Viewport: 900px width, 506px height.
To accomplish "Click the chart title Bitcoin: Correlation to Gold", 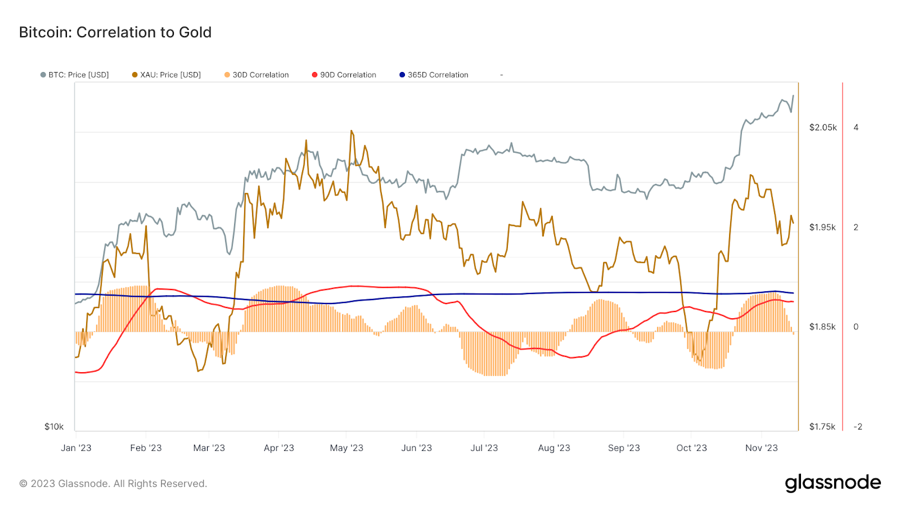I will coord(115,33).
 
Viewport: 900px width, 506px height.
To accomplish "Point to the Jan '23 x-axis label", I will coord(76,448).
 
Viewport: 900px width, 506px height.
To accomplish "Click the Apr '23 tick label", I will coord(279,448).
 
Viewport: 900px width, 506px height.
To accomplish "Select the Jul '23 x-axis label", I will coord(484,448).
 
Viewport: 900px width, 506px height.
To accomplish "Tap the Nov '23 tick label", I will coord(762,448).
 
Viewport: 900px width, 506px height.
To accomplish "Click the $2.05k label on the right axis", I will coord(823,128).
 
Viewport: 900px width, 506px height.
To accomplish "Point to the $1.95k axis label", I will coord(822,228).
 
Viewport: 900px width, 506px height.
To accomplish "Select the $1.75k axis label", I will coord(822,427).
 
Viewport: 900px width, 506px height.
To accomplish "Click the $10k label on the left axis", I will coord(54,427).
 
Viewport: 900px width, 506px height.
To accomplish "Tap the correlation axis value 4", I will coord(856,128).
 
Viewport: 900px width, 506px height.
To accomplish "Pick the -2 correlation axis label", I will coord(858,427).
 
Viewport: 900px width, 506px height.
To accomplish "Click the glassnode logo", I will coord(833,483).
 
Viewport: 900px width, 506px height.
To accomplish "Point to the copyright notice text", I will coord(113,484).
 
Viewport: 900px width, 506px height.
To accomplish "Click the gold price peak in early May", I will coord(351,131).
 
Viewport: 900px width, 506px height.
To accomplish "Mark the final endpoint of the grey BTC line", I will coord(793,96).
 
